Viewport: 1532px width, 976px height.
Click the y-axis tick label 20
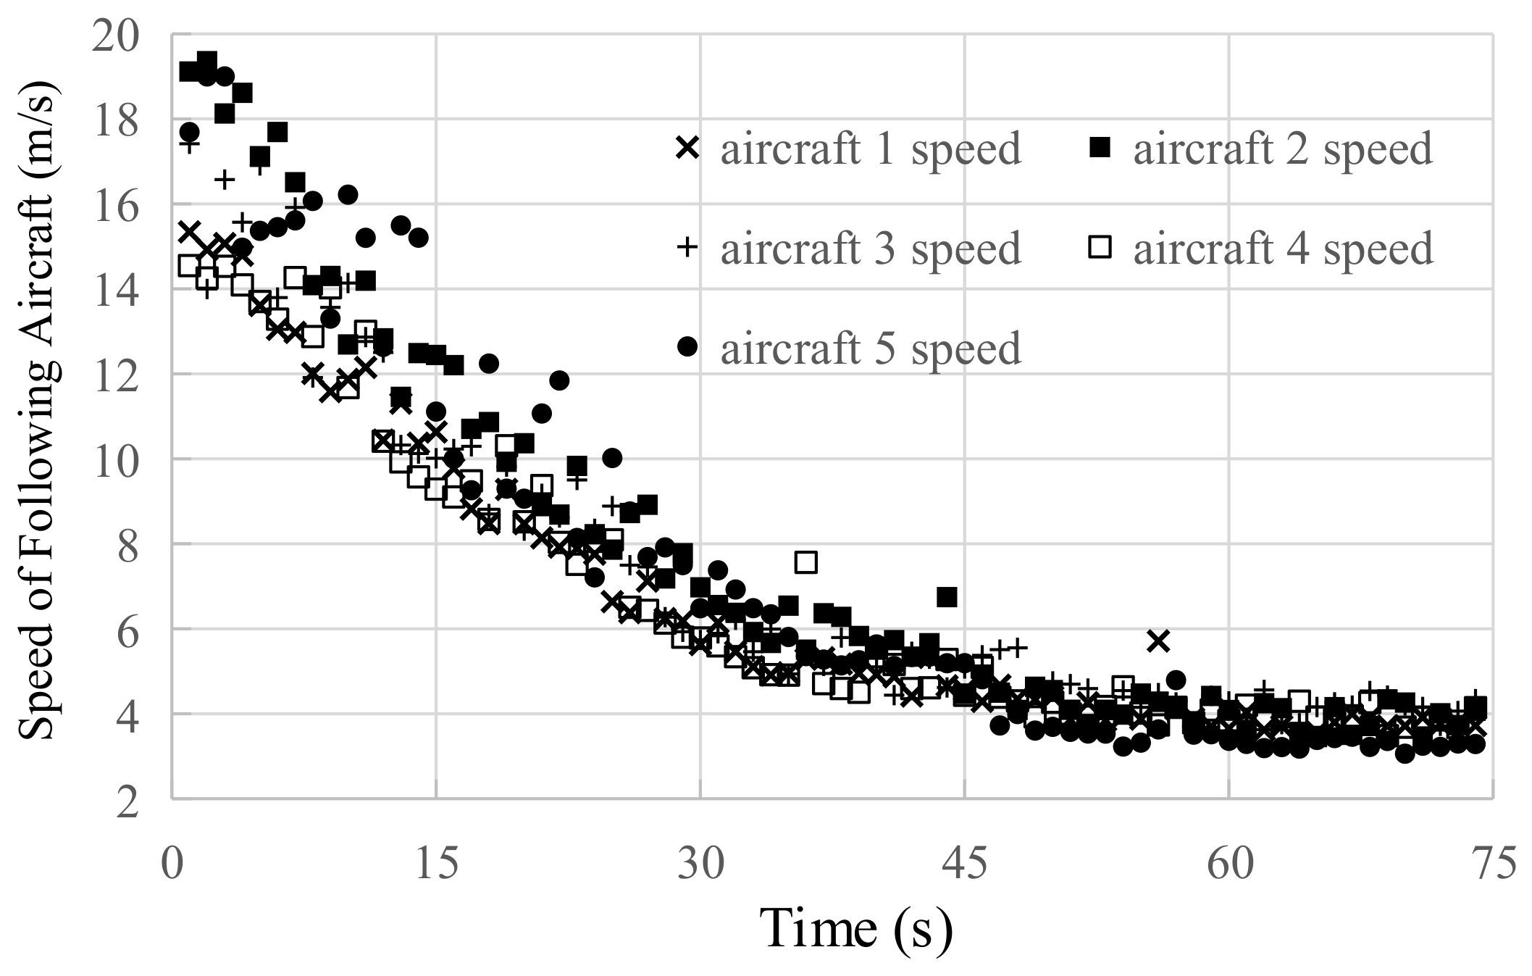pyautogui.click(x=116, y=35)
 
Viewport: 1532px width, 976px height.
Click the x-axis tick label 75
pyautogui.click(x=1492, y=864)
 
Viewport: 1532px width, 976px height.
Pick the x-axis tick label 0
pyautogui.click(x=172, y=864)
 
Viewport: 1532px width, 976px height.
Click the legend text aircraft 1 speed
pyautogui.click(x=870, y=149)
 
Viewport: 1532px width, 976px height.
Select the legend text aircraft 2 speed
pyautogui.click(x=1283, y=149)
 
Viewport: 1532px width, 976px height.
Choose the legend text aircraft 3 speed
pyautogui.click(x=870, y=249)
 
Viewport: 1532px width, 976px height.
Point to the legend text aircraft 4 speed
pyautogui.click(x=1283, y=249)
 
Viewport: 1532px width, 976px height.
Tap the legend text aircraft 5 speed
pyautogui.click(x=870, y=349)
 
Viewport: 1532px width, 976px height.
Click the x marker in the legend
pyautogui.click(x=687, y=149)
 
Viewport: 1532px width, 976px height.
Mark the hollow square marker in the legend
pyautogui.click(x=1100, y=249)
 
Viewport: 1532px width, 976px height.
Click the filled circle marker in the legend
pyautogui.click(x=687, y=348)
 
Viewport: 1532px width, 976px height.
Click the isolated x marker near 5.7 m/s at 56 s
pyautogui.click(x=1158, y=641)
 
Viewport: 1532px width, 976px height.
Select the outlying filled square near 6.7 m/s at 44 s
pyautogui.click(x=947, y=597)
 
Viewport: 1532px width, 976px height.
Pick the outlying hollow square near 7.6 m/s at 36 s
pyautogui.click(x=805, y=562)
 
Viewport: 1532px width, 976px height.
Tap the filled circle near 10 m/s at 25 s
pyautogui.click(x=612, y=458)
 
